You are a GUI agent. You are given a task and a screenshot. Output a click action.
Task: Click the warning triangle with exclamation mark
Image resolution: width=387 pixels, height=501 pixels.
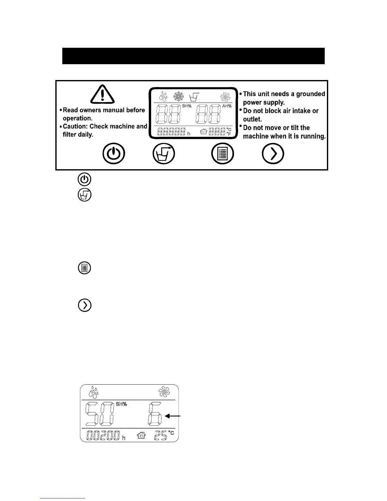click(102, 95)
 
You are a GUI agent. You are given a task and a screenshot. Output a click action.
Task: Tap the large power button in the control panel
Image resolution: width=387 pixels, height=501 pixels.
click(114, 154)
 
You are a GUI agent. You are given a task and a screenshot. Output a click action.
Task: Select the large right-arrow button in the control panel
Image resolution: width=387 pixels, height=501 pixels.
click(273, 154)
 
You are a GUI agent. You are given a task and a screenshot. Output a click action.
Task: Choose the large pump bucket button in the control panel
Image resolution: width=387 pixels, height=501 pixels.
click(164, 154)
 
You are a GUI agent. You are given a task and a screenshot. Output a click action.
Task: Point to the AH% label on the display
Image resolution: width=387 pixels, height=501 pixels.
click(227, 106)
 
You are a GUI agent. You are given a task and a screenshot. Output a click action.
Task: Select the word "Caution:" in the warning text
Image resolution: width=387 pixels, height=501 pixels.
click(76, 127)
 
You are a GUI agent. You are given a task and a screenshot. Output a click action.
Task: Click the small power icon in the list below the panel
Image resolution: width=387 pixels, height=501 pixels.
click(84, 179)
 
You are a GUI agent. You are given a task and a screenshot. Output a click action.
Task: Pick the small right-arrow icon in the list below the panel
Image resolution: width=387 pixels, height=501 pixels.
click(84, 305)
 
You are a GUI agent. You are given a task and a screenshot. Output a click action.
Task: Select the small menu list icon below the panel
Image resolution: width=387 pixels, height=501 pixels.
click(84, 268)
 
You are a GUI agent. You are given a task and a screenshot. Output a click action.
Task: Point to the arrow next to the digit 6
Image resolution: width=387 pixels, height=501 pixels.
click(173, 417)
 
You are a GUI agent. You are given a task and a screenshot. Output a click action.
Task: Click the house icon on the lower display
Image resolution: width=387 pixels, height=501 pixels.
click(141, 436)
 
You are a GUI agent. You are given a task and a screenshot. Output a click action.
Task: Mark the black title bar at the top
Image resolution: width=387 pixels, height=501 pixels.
click(193, 56)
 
